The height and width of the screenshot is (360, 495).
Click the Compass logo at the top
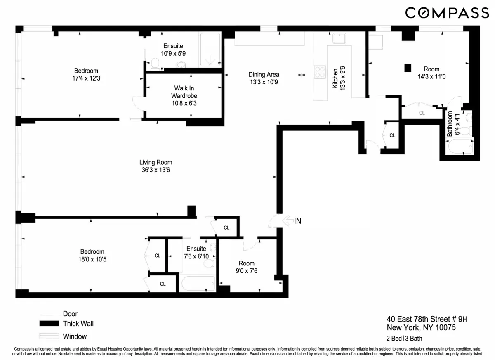447,13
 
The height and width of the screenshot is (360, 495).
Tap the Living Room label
156,162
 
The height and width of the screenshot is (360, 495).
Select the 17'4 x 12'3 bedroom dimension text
86,78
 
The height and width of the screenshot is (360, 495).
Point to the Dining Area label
264,75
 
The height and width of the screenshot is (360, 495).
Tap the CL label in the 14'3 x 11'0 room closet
422,112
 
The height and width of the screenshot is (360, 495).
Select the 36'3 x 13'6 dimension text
156,170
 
